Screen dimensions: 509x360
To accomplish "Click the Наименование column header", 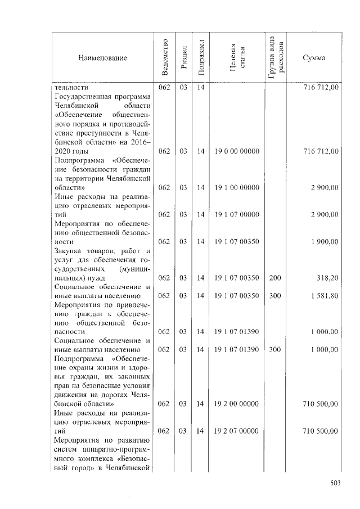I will [103, 58].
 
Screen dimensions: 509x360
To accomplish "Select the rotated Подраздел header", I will [201, 58].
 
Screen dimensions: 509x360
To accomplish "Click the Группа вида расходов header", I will [276, 58].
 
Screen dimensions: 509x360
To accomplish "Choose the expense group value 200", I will [275, 277].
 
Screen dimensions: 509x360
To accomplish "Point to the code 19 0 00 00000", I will [236, 151].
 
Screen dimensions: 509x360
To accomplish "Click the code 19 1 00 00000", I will [236, 187].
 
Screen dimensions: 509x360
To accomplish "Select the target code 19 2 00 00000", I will [236, 403].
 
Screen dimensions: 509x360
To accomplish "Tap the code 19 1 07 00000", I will [236, 214].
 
